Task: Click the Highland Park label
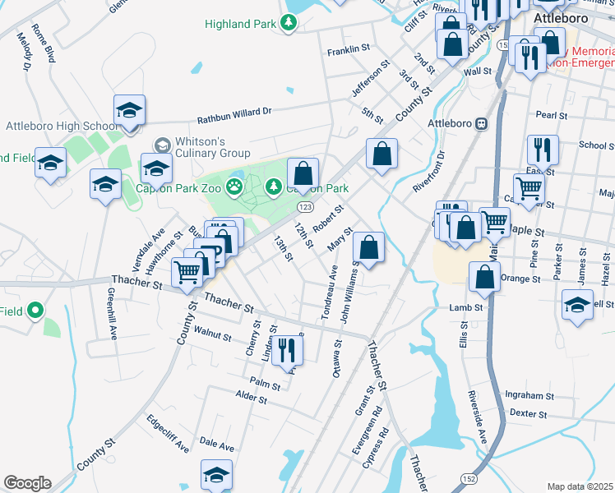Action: click(x=240, y=24)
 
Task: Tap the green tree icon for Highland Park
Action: click(x=289, y=23)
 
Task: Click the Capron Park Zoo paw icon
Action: click(x=235, y=186)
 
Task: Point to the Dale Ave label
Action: click(x=217, y=445)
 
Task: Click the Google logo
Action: click(x=27, y=483)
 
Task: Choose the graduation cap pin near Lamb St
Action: click(x=578, y=306)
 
